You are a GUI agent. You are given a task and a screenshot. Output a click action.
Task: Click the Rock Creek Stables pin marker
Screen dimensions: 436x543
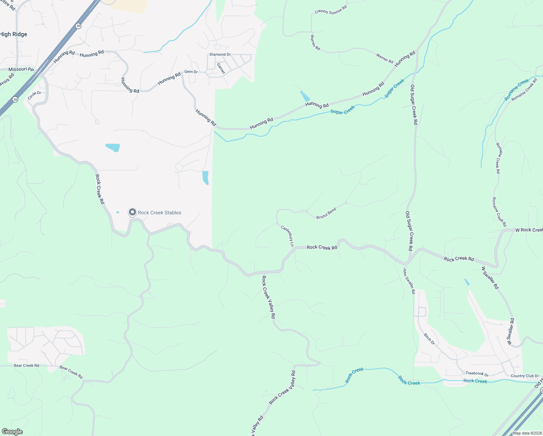coord(132,212)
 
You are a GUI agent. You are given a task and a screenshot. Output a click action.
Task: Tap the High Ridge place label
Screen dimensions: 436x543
coord(13,34)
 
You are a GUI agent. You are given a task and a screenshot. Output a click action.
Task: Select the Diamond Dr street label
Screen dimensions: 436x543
coord(220,54)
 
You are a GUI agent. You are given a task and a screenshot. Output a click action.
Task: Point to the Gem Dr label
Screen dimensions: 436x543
coord(191,72)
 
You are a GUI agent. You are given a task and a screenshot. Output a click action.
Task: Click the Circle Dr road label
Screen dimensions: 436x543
coord(34,96)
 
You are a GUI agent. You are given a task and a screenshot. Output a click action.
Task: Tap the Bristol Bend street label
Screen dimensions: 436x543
coord(326,213)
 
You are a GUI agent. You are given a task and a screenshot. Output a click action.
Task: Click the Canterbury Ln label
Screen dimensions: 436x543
coord(287,236)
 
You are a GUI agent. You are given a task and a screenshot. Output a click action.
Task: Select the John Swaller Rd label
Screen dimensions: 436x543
coord(409,280)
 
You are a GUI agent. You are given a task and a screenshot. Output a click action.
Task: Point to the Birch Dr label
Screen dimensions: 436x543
coord(429,339)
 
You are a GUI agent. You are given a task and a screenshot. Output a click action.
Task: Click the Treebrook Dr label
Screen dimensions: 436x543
coord(477,374)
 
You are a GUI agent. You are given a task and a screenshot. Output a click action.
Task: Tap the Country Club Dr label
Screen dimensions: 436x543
coord(524,376)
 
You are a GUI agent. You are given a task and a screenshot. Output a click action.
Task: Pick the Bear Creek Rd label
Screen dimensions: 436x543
coord(26,366)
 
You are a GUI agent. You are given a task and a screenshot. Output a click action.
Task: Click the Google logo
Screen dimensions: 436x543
coord(12,432)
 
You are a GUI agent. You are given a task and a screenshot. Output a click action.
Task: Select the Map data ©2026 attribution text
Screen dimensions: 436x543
coord(527,433)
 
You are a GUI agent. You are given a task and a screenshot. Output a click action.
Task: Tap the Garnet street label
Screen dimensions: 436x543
coord(221,68)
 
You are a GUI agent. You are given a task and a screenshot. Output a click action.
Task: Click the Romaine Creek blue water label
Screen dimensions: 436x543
coord(517,90)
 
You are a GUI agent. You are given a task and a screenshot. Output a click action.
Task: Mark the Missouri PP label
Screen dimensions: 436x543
coord(21,69)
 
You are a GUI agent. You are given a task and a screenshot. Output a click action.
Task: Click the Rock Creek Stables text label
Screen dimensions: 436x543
coord(159,213)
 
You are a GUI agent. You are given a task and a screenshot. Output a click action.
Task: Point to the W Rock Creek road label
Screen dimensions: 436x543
coord(529,230)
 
